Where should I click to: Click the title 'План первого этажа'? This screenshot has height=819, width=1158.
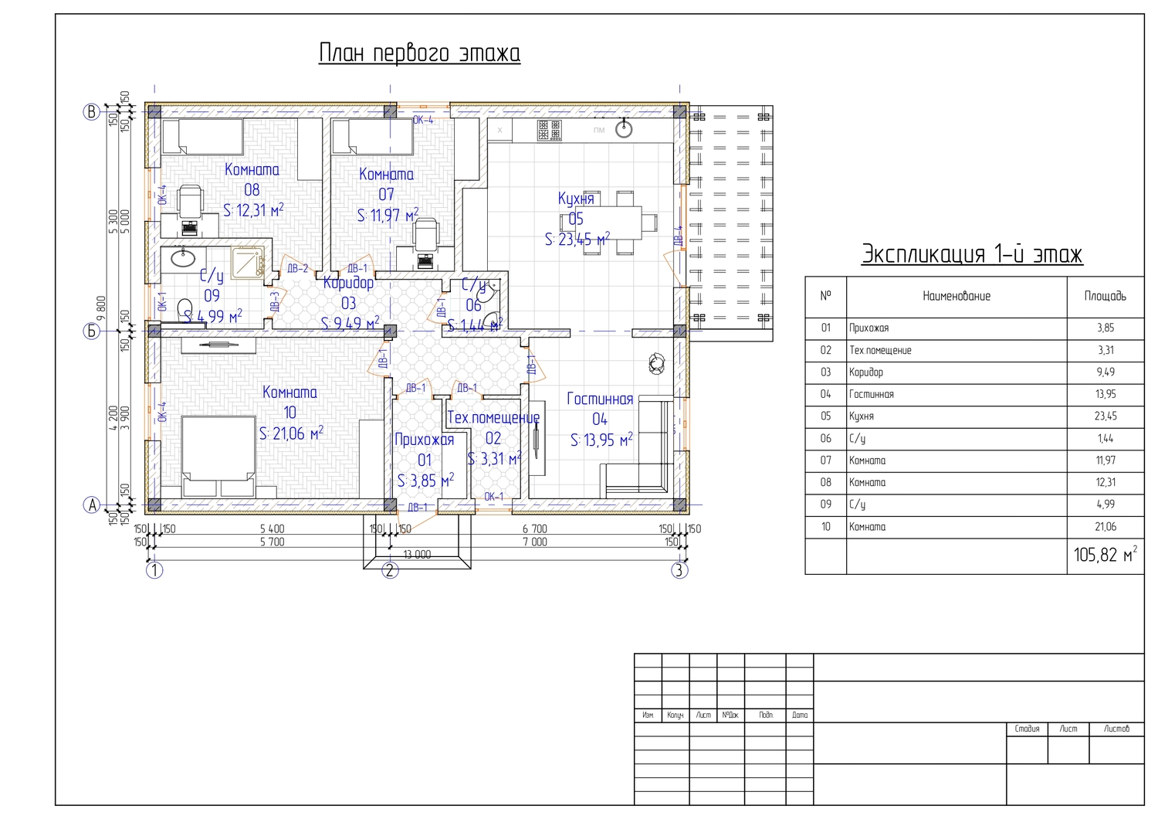pyautogui.click(x=419, y=53)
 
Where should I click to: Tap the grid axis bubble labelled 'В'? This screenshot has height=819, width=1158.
pyautogui.click(x=92, y=112)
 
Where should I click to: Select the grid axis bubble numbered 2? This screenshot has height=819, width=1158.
pyautogui.click(x=390, y=571)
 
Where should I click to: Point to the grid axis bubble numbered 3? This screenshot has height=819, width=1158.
pyautogui.click(x=679, y=571)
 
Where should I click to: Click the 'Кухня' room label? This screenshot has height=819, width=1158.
pyautogui.click(x=576, y=199)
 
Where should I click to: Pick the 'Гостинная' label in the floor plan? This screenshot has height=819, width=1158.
pyautogui.click(x=600, y=399)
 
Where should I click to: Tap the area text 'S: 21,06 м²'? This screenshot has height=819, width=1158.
pyautogui.click(x=291, y=433)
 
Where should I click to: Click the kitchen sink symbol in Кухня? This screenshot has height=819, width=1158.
pyautogui.click(x=624, y=129)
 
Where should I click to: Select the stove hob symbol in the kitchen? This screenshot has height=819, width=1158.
pyautogui.click(x=550, y=130)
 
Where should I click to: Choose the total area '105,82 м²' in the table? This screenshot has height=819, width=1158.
pyautogui.click(x=1105, y=555)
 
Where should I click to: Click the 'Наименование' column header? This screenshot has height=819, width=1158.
pyautogui.click(x=956, y=296)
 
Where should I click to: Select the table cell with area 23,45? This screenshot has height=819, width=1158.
pyautogui.click(x=1105, y=416)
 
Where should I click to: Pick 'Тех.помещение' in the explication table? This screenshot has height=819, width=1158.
pyautogui.click(x=880, y=350)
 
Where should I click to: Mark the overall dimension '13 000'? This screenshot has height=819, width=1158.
pyautogui.click(x=417, y=555)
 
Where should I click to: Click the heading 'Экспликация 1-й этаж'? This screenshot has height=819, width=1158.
pyautogui.click(x=972, y=254)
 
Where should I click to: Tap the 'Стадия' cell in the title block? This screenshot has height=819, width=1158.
pyautogui.click(x=1027, y=729)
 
